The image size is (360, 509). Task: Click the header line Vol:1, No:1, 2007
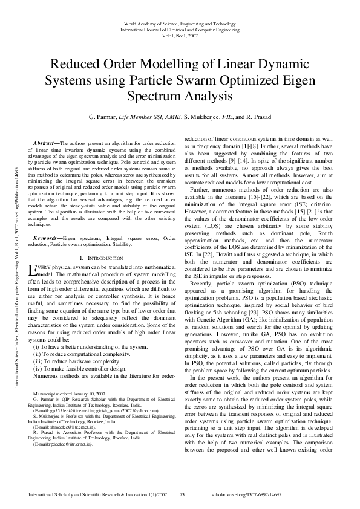(179, 36)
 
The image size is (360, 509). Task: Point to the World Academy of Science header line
(179, 22)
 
